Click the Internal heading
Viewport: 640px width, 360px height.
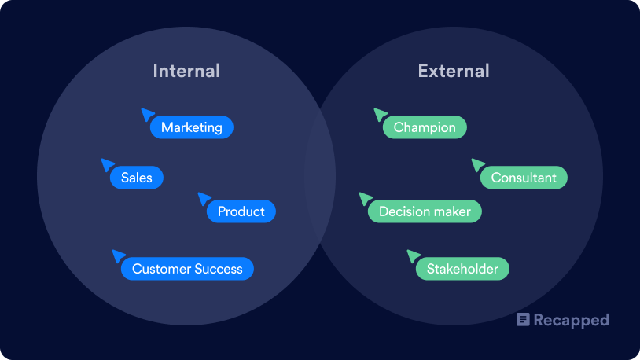[186, 71]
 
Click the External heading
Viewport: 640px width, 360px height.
[454, 71]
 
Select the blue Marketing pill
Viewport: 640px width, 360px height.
[192, 127]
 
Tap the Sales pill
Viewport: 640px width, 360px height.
[137, 177]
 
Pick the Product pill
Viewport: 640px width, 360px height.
[241, 211]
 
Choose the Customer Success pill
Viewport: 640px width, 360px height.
[187, 269]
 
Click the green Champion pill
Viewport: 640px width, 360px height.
[425, 127]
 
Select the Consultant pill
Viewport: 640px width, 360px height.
[524, 177]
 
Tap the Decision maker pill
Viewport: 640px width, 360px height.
[425, 211]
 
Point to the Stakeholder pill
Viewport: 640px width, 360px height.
[462, 269]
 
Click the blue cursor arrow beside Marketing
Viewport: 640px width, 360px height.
[147, 114]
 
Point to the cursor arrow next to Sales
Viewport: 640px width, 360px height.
[107, 164]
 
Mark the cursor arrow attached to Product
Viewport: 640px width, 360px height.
[204, 198]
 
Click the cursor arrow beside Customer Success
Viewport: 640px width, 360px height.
[118, 255]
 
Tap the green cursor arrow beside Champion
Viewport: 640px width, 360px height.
[380, 114]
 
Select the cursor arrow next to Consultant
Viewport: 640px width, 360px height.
[477, 164]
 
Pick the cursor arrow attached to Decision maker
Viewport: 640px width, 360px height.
[365, 198]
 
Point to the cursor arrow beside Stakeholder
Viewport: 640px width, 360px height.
[413, 255]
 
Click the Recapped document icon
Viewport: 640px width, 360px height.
[523, 320]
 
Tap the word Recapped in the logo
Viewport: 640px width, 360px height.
[572, 321]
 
